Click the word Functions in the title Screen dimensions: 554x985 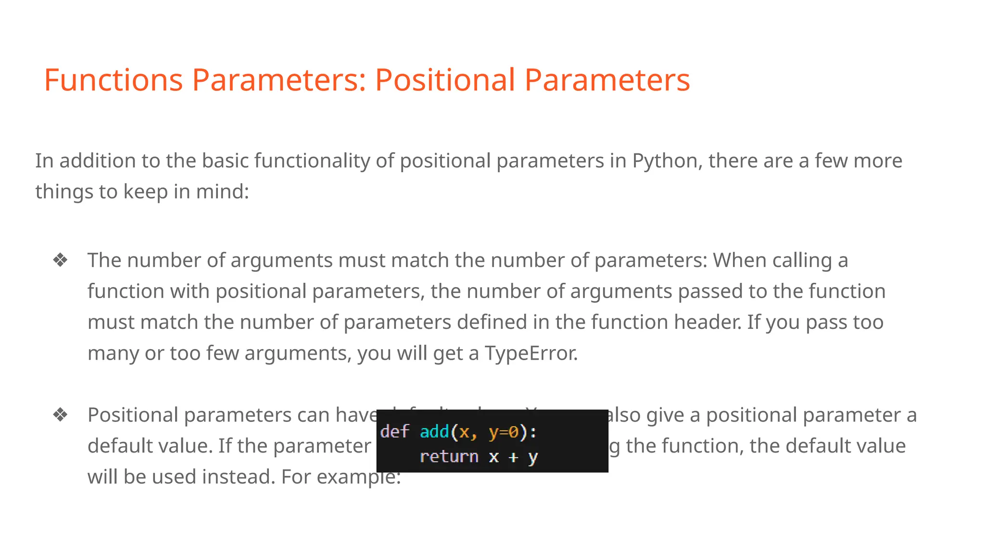click(114, 80)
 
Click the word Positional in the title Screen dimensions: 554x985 click(445, 80)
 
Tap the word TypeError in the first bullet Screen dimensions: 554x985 click(530, 353)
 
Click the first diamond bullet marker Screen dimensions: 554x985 click(61, 260)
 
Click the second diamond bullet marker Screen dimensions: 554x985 click(61, 415)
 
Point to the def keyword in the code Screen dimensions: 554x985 click(394, 432)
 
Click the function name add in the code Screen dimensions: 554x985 click(434, 432)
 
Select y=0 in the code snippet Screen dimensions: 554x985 click(504, 432)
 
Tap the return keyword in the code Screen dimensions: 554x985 click(449, 456)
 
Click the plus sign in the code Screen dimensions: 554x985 click(513, 457)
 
